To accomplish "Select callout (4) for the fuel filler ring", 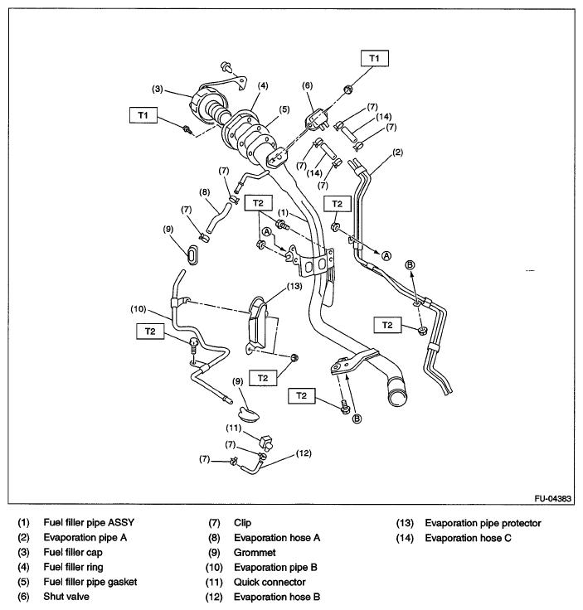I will coord(262,85).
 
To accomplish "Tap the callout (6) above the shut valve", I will coord(308,85).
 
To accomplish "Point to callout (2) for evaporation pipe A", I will coord(398,152).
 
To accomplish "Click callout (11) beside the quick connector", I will coord(235,428).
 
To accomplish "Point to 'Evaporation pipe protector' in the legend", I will coord(483,523).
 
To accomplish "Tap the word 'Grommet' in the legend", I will coord(255,552).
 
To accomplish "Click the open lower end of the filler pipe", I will coord(398,394).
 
